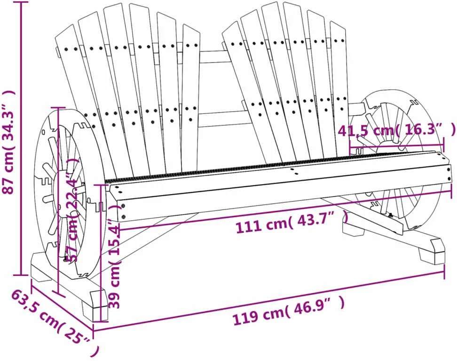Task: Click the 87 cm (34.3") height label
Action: pos(8,142)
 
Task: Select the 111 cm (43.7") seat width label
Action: pos(292,222)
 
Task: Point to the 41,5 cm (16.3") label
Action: pos(396,130)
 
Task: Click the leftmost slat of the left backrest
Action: pos(79,87)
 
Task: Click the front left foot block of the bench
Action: pos(95,306)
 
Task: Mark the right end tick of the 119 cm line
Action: pos(444,272)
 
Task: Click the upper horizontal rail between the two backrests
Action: pos(214,57)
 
